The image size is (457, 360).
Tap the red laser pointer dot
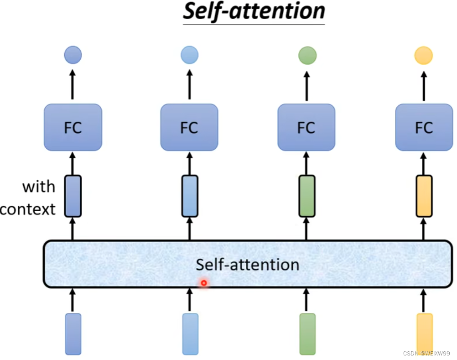tap(204, 283)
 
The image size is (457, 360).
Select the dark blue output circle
tap(73, 55)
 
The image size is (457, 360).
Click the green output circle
tap(307, 56)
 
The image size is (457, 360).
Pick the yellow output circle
tap(423, 56)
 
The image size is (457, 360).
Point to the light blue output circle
tap(189, 55)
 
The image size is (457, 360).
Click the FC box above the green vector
tap(306, 127)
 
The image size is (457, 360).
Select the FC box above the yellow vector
tap(424, 127)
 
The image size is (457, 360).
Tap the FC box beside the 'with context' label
tap(73, 127)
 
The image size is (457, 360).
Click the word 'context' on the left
tap(28, 209)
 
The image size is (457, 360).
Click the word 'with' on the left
tap(38, 187)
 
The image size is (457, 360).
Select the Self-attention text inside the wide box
tap(247, 265)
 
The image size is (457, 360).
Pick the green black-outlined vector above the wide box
tap(306, 196)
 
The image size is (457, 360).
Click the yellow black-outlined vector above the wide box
tap(424, 196)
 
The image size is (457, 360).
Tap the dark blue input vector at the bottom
tap(73, 334)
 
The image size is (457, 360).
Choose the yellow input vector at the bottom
tap(424, 334)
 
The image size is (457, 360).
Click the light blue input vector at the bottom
tap(190, 334)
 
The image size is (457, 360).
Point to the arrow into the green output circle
tap(306, 85)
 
